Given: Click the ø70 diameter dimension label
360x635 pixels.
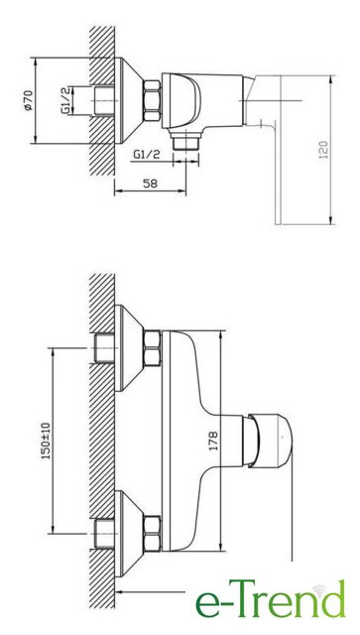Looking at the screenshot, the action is click(x=28, y=101).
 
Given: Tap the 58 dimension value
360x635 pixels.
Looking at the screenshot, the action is click(x=151, y=184).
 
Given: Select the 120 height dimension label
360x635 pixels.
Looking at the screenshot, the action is click(x=324, y=150).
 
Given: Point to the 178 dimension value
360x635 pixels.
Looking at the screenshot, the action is click(x=213, y=441).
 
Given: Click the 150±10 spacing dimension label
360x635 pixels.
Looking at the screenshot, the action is click(x=47, y=441).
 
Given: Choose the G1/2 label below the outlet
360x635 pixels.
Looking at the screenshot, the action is click(x=147, y=155).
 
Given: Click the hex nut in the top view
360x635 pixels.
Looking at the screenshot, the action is click(x=153, y=100).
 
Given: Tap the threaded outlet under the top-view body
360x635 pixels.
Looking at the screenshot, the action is click(x=185, y=142).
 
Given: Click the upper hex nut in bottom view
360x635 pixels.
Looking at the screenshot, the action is click(x=153, y=348).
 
